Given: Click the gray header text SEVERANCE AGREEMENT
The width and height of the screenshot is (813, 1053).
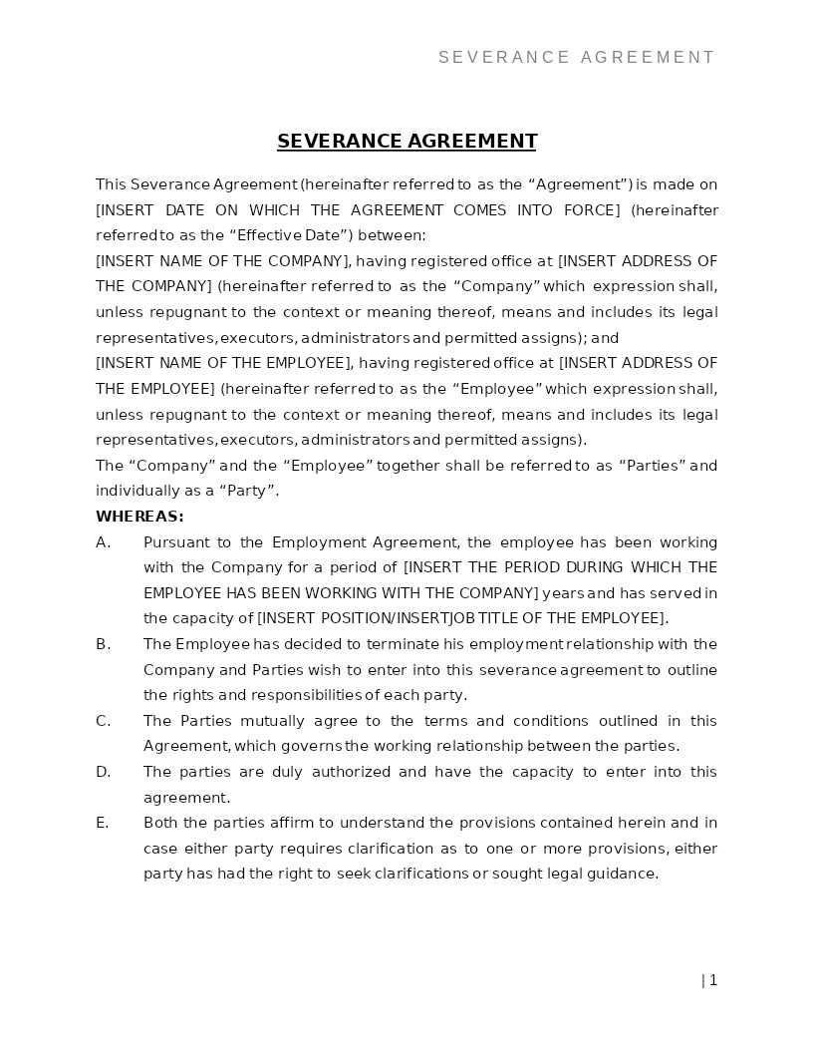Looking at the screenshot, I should [x=577, y=58].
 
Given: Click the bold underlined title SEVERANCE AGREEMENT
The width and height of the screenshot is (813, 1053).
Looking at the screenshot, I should [x=406, y=142].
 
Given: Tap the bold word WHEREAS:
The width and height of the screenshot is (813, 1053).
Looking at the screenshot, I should [x=139, y=517].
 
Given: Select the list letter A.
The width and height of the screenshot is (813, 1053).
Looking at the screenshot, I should [x=103, y=542].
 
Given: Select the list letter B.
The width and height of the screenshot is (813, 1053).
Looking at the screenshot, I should [x=103, y=644].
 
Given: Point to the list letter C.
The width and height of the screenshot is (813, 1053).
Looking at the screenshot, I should [x=103, y=721].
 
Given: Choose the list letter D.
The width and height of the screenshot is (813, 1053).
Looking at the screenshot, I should [x=103, y=772].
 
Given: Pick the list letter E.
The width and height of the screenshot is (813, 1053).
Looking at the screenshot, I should [x=103, y=823].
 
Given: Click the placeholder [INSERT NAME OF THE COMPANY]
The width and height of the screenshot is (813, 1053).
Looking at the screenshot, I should [x=222, y=261].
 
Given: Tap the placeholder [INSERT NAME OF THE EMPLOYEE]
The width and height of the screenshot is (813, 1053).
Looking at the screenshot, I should [x=224, y=363].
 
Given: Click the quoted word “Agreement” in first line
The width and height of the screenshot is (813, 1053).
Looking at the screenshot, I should [x=580, y=184].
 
